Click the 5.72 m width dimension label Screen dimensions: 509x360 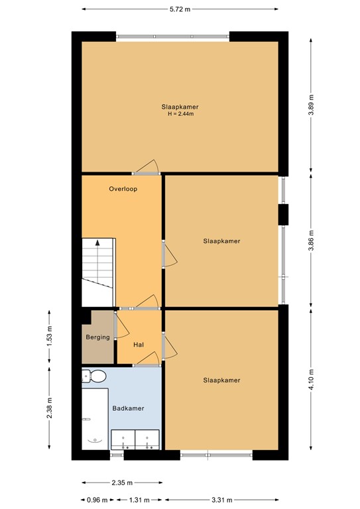tap(180, 10)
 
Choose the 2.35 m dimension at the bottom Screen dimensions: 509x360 tap(123, 482)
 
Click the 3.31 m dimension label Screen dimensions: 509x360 tap(221, 500)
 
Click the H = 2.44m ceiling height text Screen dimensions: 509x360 tap(180, 114)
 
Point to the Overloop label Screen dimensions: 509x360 tap(122, 189)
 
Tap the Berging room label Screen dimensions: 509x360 tap(97, 337)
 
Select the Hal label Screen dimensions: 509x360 tap(139, 345)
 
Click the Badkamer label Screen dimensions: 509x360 tap(128, 409)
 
